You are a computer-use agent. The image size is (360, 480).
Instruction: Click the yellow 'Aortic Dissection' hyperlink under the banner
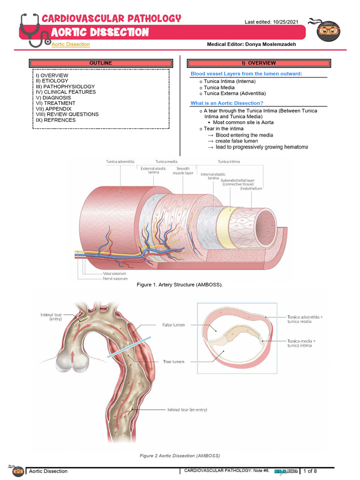pos(70,44)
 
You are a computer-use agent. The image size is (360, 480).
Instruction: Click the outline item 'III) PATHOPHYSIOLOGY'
pos(65,87)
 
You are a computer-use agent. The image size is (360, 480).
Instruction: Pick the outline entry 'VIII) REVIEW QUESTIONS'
pos(67,114)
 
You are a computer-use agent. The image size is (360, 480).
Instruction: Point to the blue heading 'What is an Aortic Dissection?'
pos(227,103)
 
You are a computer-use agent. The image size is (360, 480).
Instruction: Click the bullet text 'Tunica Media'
pos(219,88)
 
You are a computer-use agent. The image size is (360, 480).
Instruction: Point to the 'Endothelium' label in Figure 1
pos(252,188)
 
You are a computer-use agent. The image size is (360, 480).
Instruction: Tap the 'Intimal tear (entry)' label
pos(50,317)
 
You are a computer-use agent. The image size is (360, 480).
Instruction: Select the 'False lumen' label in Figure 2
pos(173,324)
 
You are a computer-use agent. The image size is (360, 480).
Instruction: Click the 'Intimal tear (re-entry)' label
pos(187,409)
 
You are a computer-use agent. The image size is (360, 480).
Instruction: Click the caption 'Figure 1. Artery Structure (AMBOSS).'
pos(176,285)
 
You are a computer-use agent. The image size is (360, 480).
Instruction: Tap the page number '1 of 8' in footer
pos(310,471)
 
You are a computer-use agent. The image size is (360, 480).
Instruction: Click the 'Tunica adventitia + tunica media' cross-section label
pos(305,319)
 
